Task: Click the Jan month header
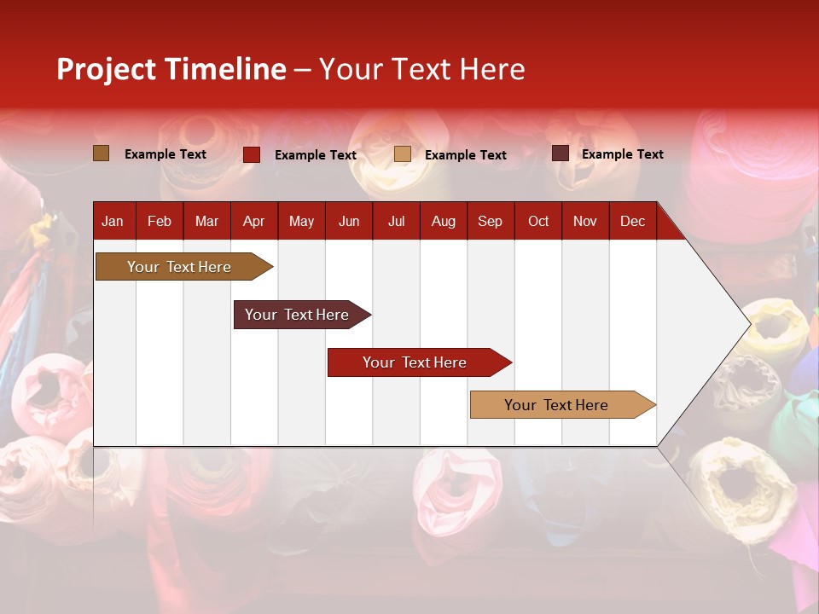113,222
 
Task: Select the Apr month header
253,222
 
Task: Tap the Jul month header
396,222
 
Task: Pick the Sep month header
490,222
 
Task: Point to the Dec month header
632,222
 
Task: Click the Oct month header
538,222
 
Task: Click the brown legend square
102,153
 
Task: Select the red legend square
252,154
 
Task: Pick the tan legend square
403,154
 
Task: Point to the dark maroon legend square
561,153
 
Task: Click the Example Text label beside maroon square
622,154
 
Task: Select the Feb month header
160,222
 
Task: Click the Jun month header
349,222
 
